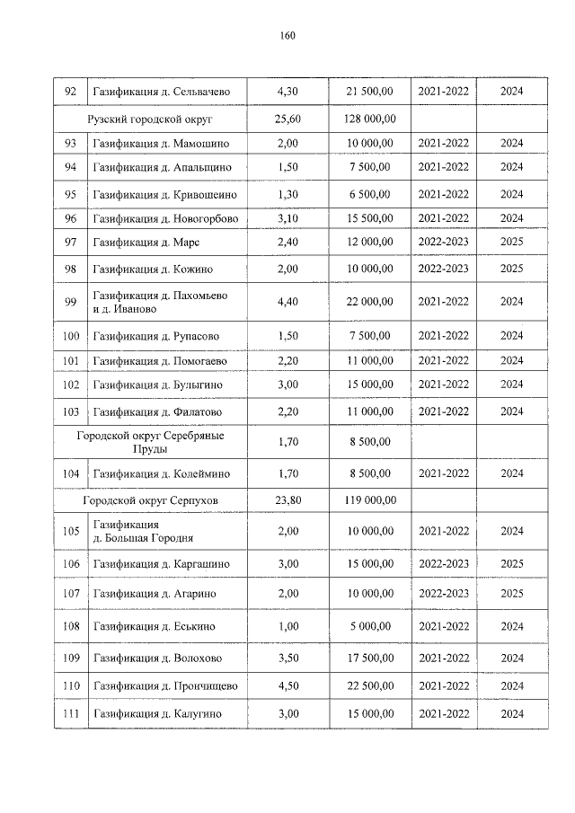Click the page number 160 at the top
287,36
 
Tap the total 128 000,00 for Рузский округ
368,119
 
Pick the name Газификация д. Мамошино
161,143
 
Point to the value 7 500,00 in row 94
368,167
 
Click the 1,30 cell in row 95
287,194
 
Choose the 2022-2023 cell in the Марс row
443,242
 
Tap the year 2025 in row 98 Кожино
511,269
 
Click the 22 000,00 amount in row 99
368,302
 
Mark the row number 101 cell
69,361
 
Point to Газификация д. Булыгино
158,384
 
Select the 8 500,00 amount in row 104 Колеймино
368,473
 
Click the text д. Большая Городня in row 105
143,538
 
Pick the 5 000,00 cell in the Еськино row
368,626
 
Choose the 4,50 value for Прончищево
287,686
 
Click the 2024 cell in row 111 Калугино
511,714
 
